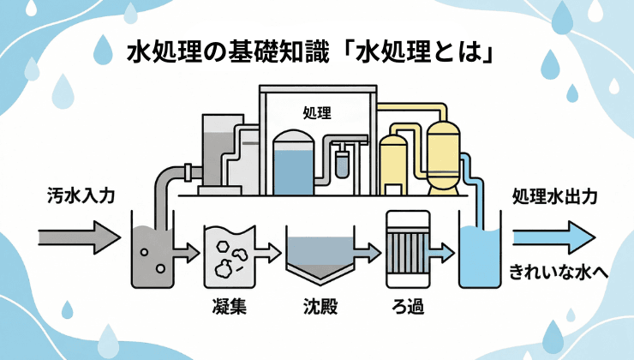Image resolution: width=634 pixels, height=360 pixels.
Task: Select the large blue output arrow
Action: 552,233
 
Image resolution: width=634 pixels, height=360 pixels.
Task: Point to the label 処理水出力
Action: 554,196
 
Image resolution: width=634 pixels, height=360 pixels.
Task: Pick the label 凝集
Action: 228,307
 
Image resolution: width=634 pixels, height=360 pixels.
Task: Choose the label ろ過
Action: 405,307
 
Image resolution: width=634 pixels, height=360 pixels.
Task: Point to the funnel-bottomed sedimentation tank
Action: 319,258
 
